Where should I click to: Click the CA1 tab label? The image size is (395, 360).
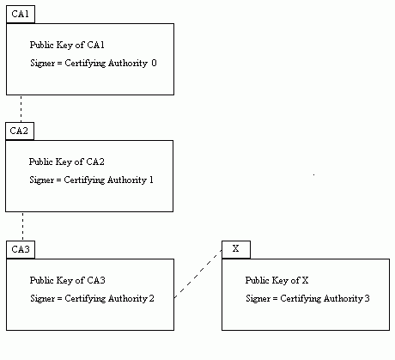tap(21, 14)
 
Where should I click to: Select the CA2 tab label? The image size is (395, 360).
tap(19, 131)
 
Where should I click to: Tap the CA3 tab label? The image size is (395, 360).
tap(21, 249)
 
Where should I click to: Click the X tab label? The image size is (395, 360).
tap(235, 248)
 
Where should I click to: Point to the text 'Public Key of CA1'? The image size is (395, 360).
tap(67, 46)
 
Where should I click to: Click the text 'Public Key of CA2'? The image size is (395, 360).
tap(66, 162)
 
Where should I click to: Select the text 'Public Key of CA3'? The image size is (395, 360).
tap(67, 281)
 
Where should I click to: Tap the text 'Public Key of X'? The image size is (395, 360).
tap(276, 281)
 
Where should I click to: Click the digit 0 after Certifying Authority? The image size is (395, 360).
tap(154, 63)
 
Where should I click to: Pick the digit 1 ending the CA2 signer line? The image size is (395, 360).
tap(151, 180)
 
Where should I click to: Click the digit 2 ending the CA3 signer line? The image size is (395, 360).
tap(151, 298)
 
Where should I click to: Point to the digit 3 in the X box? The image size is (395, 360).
tap(367, 298)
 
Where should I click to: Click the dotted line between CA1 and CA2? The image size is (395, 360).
tap(21, 109)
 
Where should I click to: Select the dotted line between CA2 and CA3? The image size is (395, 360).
tap(23, 227)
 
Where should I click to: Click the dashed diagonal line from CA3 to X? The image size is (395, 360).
tap(198, 274)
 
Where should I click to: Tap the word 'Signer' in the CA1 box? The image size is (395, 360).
tap(43, 64)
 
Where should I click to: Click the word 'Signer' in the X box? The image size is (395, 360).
tap(258, 299)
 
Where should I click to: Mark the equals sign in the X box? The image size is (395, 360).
tap(275, 299)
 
